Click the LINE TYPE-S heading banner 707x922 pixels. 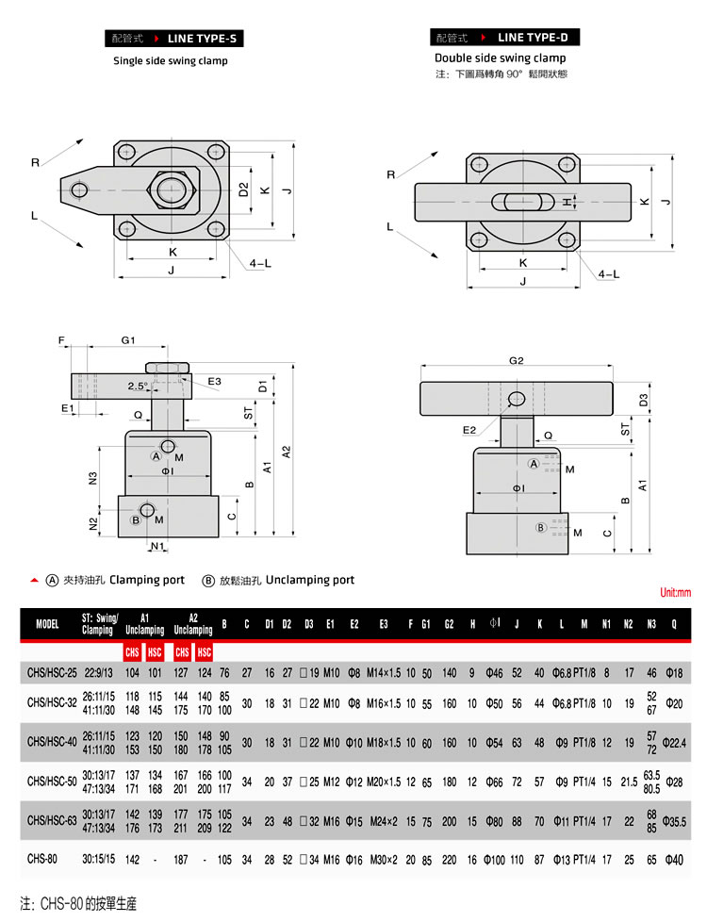[174, 39]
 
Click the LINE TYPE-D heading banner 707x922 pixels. [504, 37]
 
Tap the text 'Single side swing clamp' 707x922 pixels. [171, 60]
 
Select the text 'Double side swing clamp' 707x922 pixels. [500, 58]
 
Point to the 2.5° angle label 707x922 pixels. [138, 386]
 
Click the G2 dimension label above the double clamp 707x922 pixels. [516, 360]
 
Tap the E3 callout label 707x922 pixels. [214, 382]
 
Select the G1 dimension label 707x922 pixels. [128, 340]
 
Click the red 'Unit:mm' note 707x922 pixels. [675, 592]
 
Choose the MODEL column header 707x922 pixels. [47, 624]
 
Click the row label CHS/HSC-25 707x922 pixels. [52, 673]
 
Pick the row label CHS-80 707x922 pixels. [42, 859]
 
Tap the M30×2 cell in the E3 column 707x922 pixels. [384, 860]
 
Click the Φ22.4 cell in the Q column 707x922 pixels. [674, 743]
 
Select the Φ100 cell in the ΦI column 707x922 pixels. [494, 860]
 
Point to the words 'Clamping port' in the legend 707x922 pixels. [147, 580]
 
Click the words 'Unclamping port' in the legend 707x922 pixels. [310, 580]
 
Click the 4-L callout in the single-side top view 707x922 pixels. [260, 263]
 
